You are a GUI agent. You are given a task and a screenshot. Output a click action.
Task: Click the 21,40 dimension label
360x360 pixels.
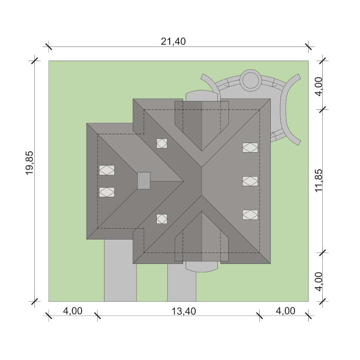pos(173,42)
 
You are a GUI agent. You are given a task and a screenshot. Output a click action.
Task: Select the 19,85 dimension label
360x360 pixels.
pos(29,163)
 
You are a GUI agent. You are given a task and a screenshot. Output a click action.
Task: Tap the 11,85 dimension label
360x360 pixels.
pos(319,181)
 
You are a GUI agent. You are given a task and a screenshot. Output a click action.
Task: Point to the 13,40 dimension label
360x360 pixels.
pos(184,311)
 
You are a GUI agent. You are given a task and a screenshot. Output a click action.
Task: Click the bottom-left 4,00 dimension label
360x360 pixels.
pos(72,311)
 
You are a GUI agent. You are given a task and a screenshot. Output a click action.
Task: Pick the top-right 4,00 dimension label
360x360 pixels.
pos(319,87)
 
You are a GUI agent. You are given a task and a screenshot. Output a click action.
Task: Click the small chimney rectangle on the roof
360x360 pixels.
pos(144,181)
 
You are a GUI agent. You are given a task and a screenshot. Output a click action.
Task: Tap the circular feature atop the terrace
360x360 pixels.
pos(250,79)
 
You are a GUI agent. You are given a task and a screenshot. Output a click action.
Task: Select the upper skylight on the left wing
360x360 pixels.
pos(107,170)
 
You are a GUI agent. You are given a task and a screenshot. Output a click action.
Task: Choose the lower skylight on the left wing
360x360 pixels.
pos(107,192)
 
